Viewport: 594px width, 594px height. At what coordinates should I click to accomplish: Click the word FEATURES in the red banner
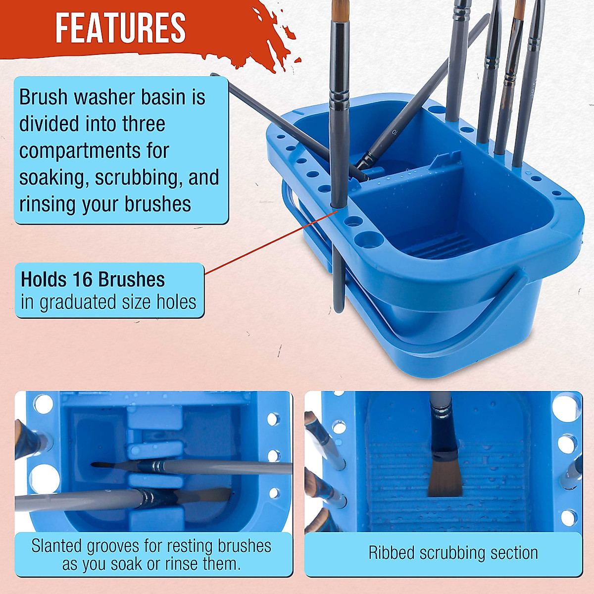pos(120,28)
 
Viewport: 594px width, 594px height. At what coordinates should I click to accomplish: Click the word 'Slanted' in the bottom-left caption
pos(56,546)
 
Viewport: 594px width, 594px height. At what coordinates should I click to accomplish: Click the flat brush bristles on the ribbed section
pos(444,477)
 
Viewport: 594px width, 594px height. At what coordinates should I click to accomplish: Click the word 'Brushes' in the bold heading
pos(136,280)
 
